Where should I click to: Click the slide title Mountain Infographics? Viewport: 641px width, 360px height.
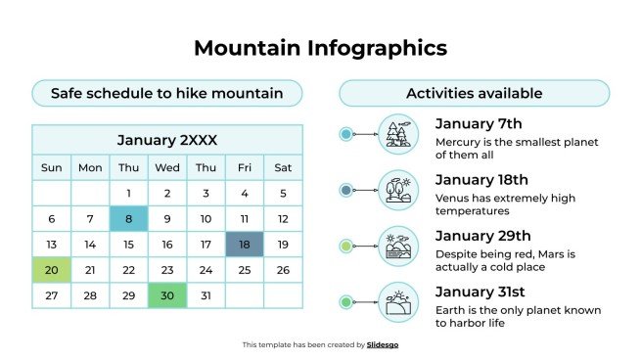[x=320, y=48]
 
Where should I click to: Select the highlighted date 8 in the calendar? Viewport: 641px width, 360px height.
[x=128, y=219]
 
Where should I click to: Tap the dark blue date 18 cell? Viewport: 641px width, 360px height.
[x=244, y=245]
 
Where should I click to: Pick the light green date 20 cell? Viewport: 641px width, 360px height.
[x=51, y=270]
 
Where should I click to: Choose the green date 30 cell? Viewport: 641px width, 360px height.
[x=166, y=295]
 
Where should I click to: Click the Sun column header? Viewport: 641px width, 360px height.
[x=51, y=167]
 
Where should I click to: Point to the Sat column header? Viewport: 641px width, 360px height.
[x=282, y=167]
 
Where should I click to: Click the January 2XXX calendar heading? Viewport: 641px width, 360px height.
[x=166, y=140]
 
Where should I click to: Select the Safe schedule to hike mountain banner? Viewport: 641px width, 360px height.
[x=166, y=94]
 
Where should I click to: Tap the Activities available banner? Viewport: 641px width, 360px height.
[x=474, y=94]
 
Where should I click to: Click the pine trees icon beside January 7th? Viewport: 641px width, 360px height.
[x=398, y=134]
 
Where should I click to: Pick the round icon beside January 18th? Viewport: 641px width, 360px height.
[x=398, y=190]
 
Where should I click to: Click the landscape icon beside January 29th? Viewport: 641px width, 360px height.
[x=398, y=247]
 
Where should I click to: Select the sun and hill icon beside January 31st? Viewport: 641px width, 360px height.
[x=398, y=303]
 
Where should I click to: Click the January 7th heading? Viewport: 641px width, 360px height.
[x=479, y=123]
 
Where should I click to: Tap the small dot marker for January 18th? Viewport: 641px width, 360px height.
[x=345, y=190]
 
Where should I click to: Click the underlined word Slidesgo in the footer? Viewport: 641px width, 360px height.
[x=383, y=344]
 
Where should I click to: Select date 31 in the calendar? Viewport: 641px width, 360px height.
[x=205, y=295]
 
